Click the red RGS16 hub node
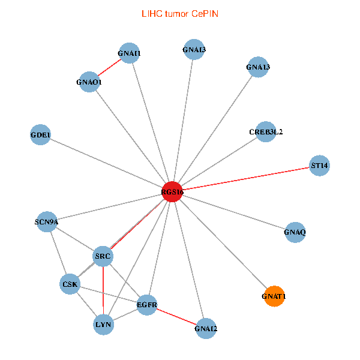pos(172,191)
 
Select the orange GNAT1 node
pos(274,296)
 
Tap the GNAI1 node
pos(129,53)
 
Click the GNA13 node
pos(258,67)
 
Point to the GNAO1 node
pos(89,82)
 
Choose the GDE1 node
pos(41,134)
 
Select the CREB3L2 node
pos(266,131)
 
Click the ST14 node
pos(319,165)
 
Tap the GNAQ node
pos(295,232)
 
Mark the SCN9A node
pos(47,222)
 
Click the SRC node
pos(103,256)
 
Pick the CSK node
pos(70,284)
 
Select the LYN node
pos(103,325)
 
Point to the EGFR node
pos(147,305)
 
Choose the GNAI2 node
pos(206,328)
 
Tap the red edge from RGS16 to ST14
pos(245,178)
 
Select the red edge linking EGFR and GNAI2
pos(176,316)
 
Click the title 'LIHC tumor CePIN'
pos(179,13)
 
